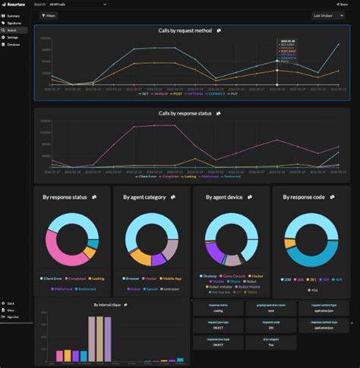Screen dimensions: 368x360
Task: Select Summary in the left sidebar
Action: (13, 16)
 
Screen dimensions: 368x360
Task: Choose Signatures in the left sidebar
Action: (14, 23)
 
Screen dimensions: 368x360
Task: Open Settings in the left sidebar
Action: (13, 36)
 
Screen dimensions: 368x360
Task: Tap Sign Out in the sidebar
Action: (13, 316)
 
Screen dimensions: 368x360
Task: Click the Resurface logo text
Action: (15, 4)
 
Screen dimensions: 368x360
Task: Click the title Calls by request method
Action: (185, 31)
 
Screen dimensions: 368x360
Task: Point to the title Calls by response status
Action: (185, 113)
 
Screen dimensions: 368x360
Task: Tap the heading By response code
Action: (303, 197)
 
